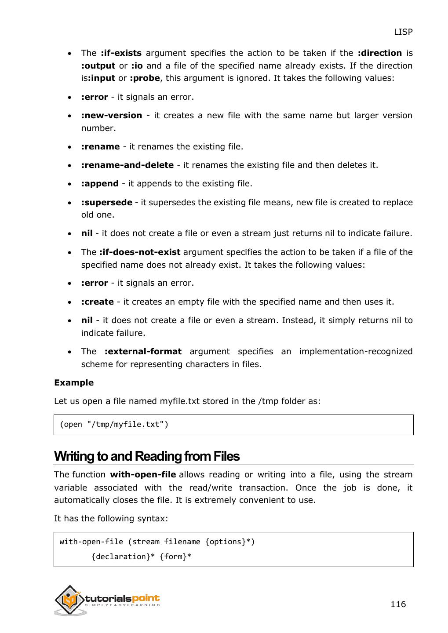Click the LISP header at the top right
coord(403,32)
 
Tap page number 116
coord(398,604)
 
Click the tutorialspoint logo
coord(107,600)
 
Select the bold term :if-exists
coord(121,53)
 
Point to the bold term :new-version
coord(112,116)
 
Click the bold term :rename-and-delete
coord(127,165)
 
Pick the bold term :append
coord(100,184)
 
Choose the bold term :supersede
coord(107,203)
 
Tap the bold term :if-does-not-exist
coord(140,252)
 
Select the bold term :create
coord(98,302)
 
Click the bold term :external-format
coord(143,352)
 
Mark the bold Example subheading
coord(74,383)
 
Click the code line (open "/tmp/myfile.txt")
coord(114,425)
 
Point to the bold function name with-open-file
coord(143,475)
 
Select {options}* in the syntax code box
coord(229,542)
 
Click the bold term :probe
coord(145,78)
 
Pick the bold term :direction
coord(380,53)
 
